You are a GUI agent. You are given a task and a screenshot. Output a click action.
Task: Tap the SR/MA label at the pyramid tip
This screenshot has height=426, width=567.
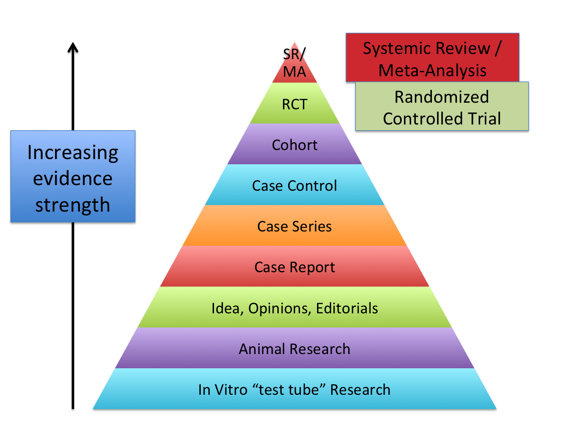[x=294, y=63]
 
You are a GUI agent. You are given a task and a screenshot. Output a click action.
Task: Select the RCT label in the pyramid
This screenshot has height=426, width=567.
[x=294, y=105]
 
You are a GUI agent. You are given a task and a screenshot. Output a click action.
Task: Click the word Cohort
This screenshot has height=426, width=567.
[x=294, y=145]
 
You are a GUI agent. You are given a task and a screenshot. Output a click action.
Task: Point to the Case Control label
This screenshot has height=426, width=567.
[x=294, y=186]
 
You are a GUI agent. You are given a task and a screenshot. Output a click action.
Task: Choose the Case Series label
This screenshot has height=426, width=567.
[x=294, y=227]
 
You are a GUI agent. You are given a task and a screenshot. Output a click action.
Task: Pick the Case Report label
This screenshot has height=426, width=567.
[x=295, y=268]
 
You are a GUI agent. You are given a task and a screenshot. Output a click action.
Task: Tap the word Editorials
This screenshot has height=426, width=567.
[x=347, y=308]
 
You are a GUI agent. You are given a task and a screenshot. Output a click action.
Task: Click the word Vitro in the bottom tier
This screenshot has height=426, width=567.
[x=231, y=390]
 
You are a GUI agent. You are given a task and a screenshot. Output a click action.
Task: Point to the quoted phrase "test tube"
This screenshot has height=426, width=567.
[x=289, y=390]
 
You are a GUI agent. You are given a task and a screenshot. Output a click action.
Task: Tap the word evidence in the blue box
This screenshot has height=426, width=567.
[x=73, y=178]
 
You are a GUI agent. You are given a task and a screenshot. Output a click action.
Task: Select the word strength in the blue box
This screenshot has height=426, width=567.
[x=73, y=205]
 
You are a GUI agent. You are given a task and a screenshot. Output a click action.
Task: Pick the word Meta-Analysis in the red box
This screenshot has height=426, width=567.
[x=432, y=71]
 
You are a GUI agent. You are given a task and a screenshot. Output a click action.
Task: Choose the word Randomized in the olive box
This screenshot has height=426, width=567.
[x=442, y=97]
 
